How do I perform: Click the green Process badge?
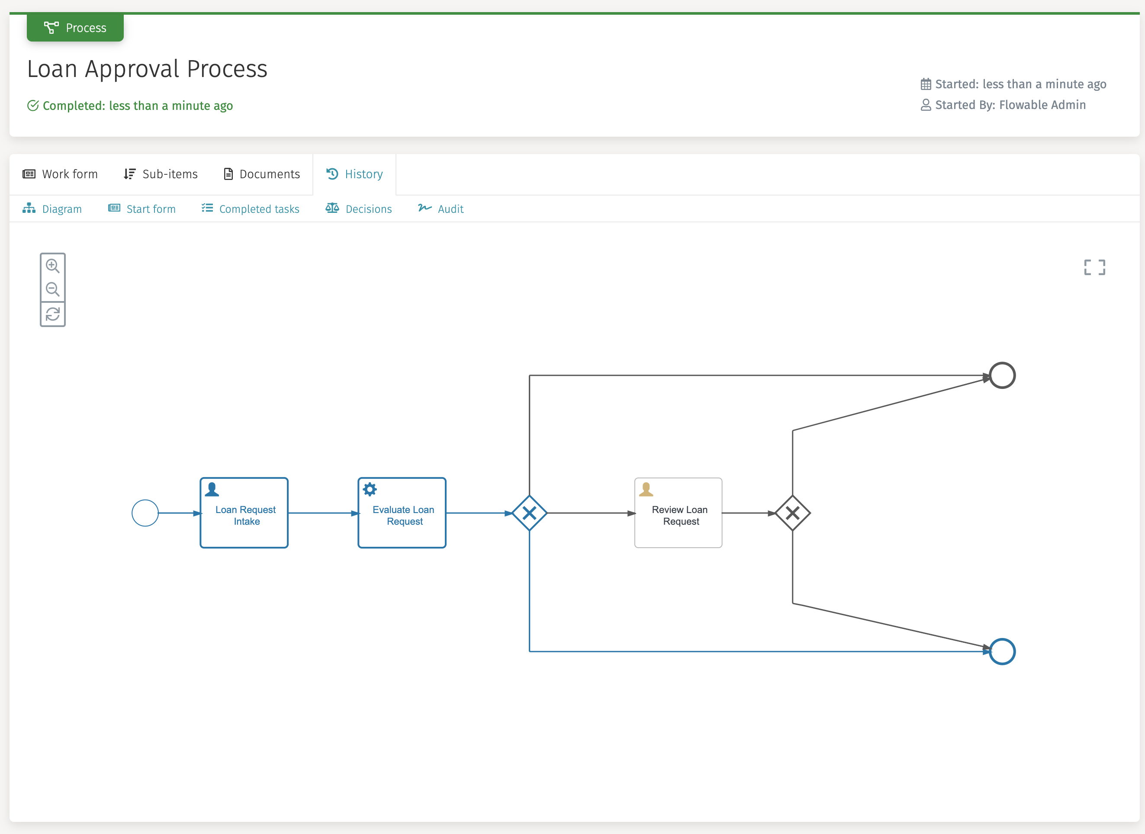pyautogui.click(x=75, y=28)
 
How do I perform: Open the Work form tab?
pyautogui.click(x=60, y=174)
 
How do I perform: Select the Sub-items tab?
pyautogui.click(x=161, y=174)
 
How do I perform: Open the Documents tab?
pyautogui.click(x=262, y=174)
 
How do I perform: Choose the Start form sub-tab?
pyautogui.click(x=142, y=209)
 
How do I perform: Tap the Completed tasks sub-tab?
pyautogui.click(x=251, y=209)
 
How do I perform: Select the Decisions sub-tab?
pyautogui.click(x=359, y=209)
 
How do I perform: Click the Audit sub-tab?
pyautogui.click(x=441, y=209)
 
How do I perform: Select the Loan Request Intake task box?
pyautogui.click(x=244, y=513)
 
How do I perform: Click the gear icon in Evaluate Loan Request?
pyautogui.click(x=370, y=489)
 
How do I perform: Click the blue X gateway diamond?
pyautogui.click(x=529, y=513)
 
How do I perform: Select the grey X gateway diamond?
pyautogui.click(x=792, y=513)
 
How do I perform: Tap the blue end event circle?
pyautogui.click(x=1002, y=652)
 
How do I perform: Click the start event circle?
pyautogui.click(x=145, y=513)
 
